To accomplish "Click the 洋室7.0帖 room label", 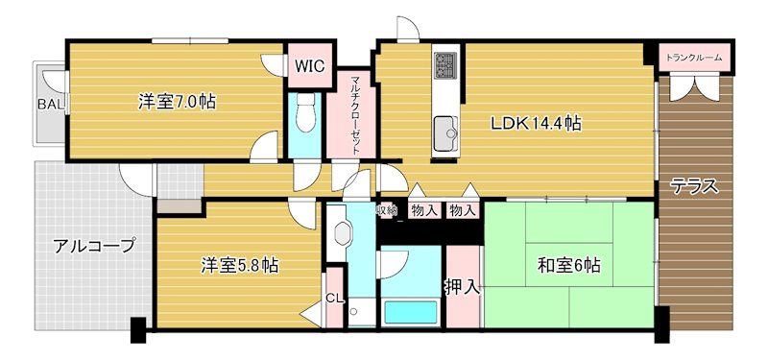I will click(176, 101).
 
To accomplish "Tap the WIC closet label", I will click(309, 66).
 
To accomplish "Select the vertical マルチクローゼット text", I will click(354, 109).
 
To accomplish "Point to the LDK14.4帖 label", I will click(535, 123).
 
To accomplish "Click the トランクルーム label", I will click(694, 59).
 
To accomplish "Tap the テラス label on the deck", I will click(694, 186).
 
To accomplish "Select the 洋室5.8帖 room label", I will click(239, 265).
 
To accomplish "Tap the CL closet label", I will click(334, 299).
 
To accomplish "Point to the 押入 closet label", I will click(463, 285).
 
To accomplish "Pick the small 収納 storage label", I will click(386, 209).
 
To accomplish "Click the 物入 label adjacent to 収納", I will click(423, 210).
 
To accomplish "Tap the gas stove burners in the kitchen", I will click(446, 64).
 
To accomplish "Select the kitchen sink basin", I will click(446, 132).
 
